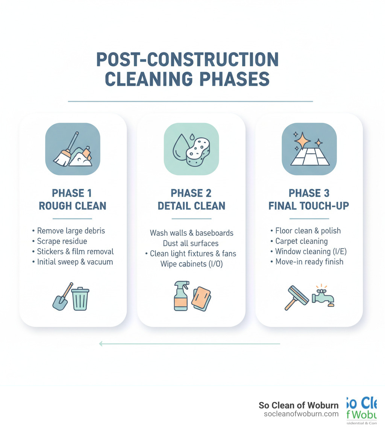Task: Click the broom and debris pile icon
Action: (x=73, y=149)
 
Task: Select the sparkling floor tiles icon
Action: (x=309, y=149)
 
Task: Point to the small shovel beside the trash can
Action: (x=61, y=297)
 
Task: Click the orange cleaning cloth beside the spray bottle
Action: (x=201, y=298)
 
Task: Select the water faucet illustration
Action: (x=323, y=297)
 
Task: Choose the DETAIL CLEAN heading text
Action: (x=191, y=206)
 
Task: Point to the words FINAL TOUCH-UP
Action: (x=309, y=206)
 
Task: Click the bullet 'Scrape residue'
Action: (x=62, y=241)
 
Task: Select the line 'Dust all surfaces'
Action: (x=191, y=243)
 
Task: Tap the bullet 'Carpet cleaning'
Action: (x=301, y=241)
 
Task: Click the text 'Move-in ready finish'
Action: (x=309, y=261)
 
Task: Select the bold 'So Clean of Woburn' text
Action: (x=299, y=405)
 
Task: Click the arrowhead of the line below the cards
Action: (x=101, y=343)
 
